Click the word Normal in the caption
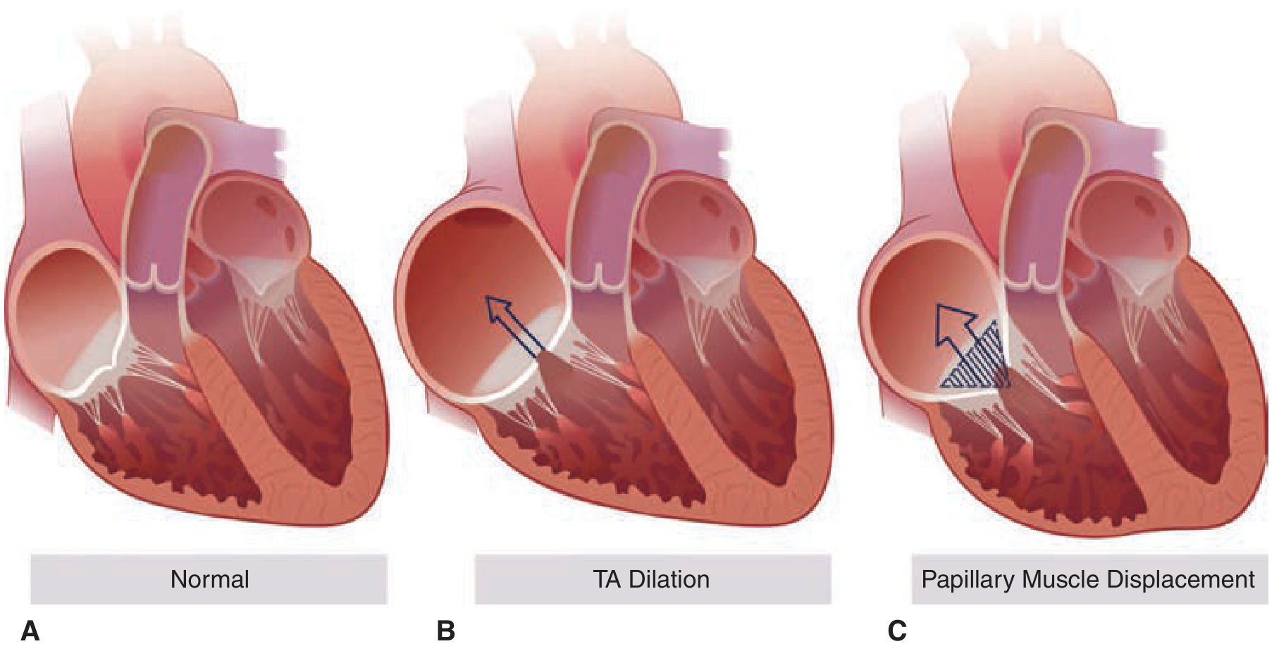[210, 579]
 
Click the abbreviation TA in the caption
[607, 579]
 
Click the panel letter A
[30, 631]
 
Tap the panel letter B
[445, 631]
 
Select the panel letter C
[897, 631]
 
